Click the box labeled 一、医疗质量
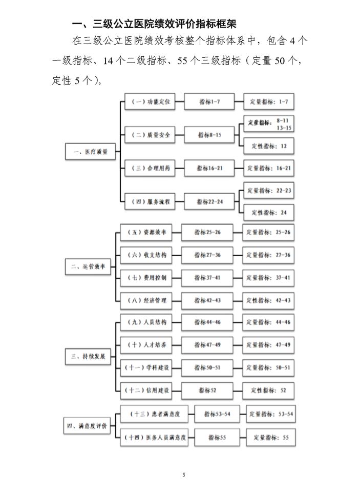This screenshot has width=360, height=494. click(91, 152)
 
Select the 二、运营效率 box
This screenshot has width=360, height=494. click(88, 267)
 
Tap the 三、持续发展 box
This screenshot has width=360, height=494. click(88, 357)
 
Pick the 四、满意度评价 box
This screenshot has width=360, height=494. click(87, 426)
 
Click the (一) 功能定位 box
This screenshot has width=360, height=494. click(150, 101)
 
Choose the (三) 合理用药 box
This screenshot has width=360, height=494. click(150, 168)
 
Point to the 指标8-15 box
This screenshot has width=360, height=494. click(209, 135)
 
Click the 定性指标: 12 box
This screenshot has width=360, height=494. click(269, 146)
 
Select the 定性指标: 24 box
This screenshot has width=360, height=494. click(269, 213)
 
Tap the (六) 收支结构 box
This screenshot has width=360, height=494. click(146, 255)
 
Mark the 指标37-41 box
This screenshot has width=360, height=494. click(207, 278)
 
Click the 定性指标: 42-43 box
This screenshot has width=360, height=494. click(268, 301)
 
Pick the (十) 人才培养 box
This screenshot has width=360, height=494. click(146, 345)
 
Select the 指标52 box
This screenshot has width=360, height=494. click(207, 390)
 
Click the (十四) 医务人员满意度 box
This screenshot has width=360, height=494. click(154, 437)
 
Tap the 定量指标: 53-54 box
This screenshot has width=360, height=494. click(271, 414)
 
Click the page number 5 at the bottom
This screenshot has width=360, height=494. click(184, 475)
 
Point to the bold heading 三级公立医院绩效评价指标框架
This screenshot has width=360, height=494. click(164, 24)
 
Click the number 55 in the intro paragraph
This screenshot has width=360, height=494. click(182, 61)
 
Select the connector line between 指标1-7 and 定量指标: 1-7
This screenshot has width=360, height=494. click(239, 102)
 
